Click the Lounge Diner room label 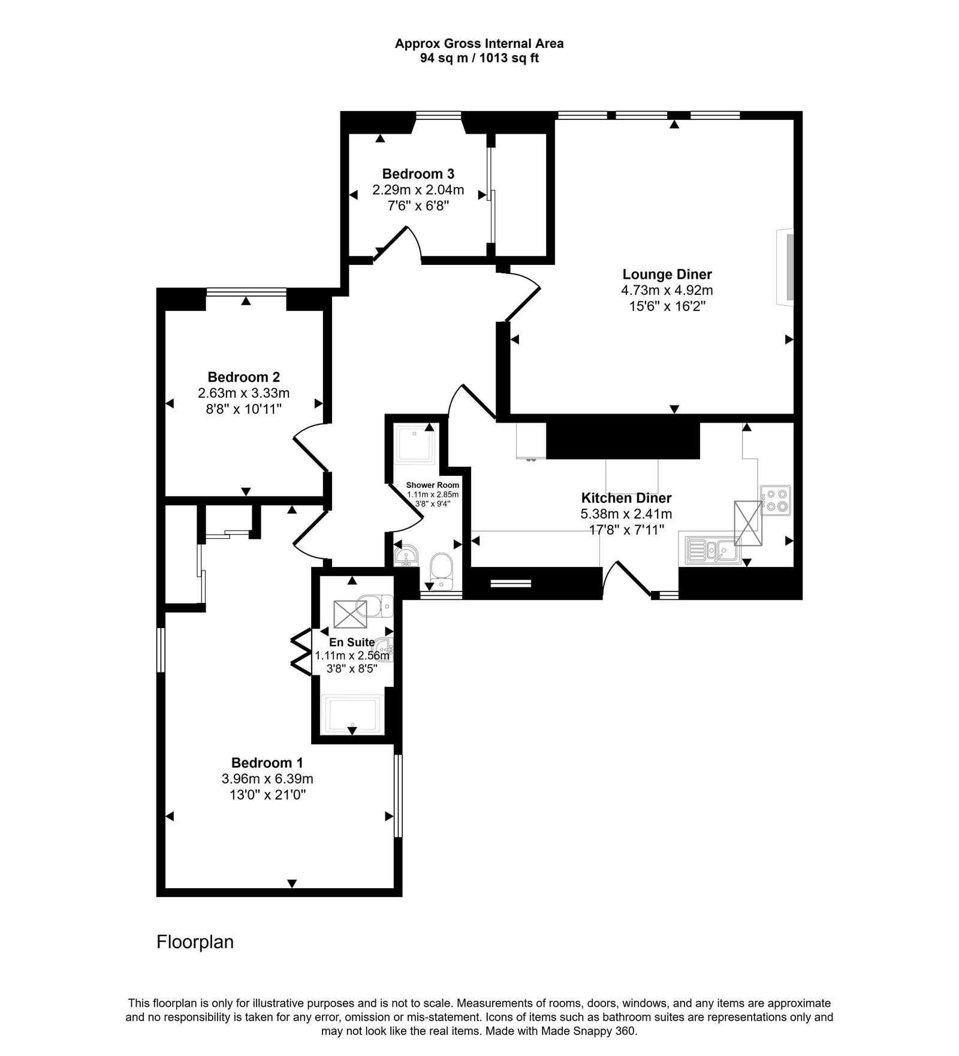click(667, 274)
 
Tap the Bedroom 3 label click(418, 174)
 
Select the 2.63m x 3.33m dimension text click(243, 393)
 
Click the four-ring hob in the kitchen click(776, 500)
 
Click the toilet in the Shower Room click(442, 570)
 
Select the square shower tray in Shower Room click(413, 443)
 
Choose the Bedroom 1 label click(267, 763)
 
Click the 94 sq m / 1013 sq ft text click(479, 59)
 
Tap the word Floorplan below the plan click(195, 942)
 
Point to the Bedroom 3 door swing click(399, 243)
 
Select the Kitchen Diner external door click(626, 578)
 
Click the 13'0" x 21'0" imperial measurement click(267, 795)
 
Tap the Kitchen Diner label click(626, 497)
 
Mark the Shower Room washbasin click(406, 555)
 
